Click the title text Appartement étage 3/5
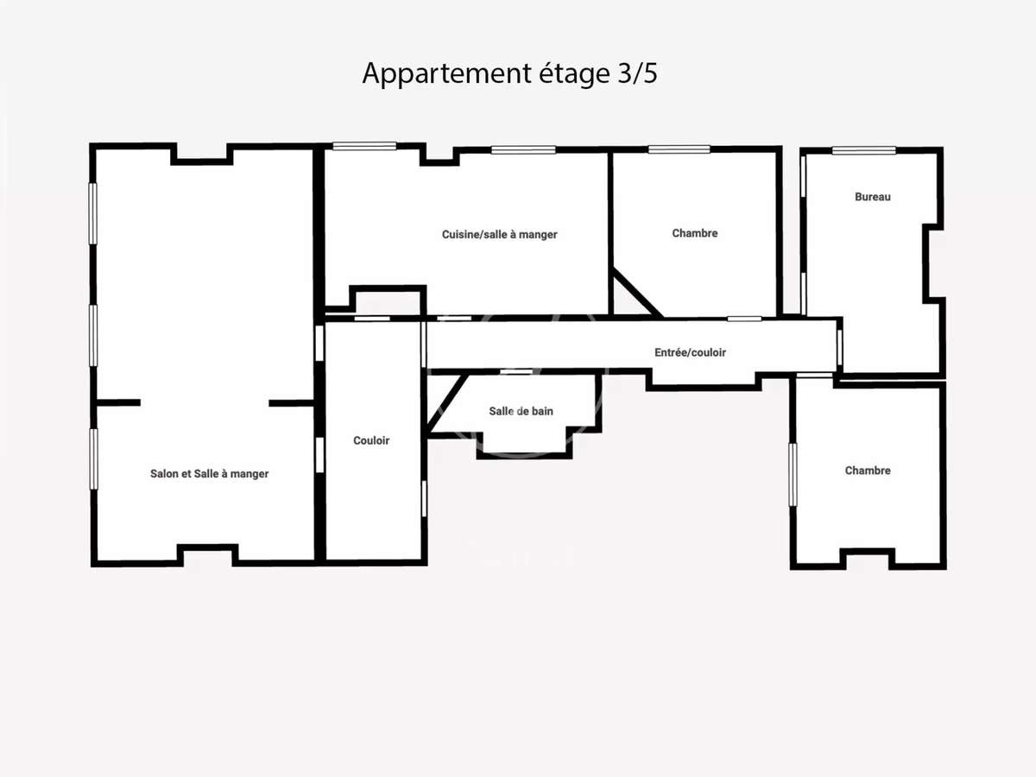click(x=509, y=73)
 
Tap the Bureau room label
click(x=873, y=197)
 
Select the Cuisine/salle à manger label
click(x=500, y=234)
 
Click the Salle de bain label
click(x=521, y=411)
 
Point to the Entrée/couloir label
click(x=690, y=352)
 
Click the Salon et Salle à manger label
click(x=210, y=474)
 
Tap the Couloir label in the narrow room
click(x=371, y=440)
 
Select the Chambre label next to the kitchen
click(x=695, y=233)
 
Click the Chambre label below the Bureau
click(x=868, y=471)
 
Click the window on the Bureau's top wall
click(x=863, y=150)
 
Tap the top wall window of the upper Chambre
click(x=679, y=149)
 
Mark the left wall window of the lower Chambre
click(x=793, y=475)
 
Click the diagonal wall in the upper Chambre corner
click(x=637, y=294)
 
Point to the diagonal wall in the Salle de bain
click(x=448, y=401)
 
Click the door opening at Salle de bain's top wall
click(x=516, y=372)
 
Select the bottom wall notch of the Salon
click(x=207, y=553)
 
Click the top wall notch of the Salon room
click(x=202, y=155)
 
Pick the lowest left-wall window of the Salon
click(x=93, y=458)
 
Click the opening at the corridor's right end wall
click(x=839, y=346)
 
